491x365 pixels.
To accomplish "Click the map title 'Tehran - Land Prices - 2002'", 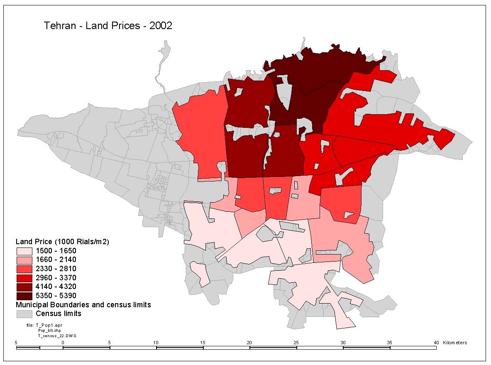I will (x=108, y=26).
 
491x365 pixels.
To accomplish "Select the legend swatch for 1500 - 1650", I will (x=24, y=251).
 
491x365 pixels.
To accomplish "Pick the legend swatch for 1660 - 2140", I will (x=24, y=260).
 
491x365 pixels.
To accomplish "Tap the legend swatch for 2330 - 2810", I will (x=24, y=269).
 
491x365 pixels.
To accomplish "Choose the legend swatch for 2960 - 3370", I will (x=24, y=278).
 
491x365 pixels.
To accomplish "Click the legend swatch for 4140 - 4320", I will (x=24, y=287).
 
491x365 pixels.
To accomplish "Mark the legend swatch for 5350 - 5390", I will (x=24, y=296).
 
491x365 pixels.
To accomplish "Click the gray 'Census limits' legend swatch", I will (x=24, y=314).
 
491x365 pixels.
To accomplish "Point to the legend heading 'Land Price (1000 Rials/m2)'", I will (x=62, y=242).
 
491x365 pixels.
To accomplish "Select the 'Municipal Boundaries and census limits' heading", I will (x=83, y=305).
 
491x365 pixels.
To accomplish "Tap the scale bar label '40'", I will (x=436, y=343).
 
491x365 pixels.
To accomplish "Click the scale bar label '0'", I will (x=63, y=343).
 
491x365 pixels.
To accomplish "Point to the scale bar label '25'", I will (x=296, y=343).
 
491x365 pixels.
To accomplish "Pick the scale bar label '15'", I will (x=203, y=343).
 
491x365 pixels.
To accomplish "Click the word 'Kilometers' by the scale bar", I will (x=455, y=343).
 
